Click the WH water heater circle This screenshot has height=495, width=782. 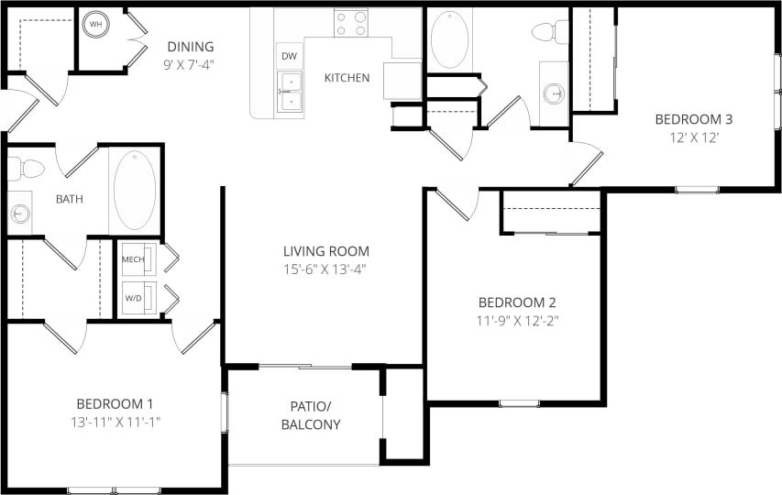[x=96, y=24]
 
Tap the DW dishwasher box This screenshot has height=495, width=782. [x=290, y=56]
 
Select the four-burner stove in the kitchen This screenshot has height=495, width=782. [x=350, y=23]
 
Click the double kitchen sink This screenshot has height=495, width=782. [x=290, y=92]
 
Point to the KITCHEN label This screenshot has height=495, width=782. [x=347, y=78]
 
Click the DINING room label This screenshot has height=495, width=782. [x=190, y=47]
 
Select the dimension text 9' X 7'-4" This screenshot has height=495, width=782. [x=190, y=65]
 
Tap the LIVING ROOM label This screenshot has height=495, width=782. [x=325, y=251]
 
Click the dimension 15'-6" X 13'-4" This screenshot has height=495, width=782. [x=325, y=269]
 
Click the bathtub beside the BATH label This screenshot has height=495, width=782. [x=134, y=190]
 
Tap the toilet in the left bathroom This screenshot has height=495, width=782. [x=28, y=169]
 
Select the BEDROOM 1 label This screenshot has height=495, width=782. [x=114, y=404]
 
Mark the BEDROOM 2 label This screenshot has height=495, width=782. [x=517, y=302]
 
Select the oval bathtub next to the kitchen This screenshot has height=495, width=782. [x=449, y=39]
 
